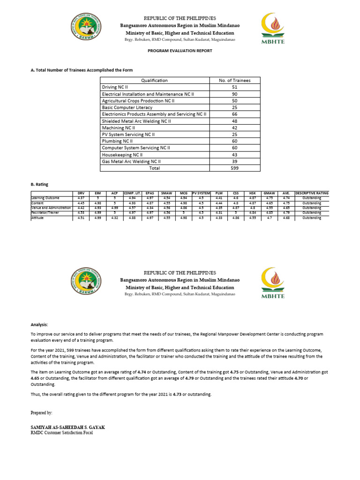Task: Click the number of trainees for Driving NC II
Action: (234, 87)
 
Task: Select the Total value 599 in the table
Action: (234, 168)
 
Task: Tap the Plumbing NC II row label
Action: (118, 141)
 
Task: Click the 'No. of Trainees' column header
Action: (234, 81)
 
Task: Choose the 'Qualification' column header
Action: (154, 81)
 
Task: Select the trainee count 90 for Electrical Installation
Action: (234, 94)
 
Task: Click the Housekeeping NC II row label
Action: (122, 154)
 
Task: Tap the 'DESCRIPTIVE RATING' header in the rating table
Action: (312, 193)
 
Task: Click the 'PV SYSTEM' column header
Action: (201, 193)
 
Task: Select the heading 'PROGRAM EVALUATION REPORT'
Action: (180, 51)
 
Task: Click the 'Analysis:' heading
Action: (39, 324)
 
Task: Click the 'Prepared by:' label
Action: (42, 413)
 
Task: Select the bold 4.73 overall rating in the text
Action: (177, 395)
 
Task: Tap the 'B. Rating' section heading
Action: (39, 185)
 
